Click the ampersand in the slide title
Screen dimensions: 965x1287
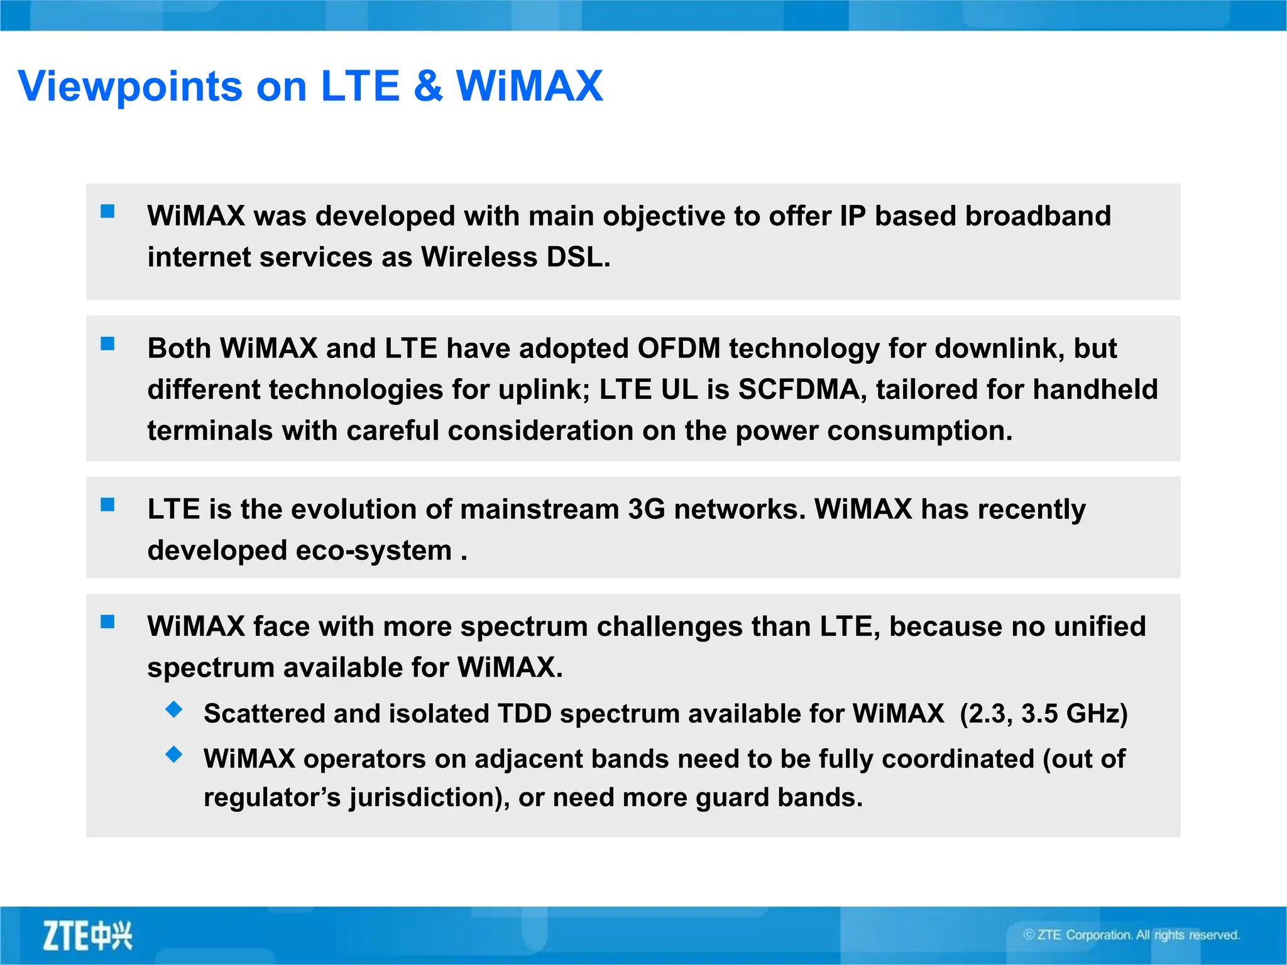pos(428,86)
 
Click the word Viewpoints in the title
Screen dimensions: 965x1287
pos(130,86)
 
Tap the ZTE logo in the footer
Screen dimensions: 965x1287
pos(87,935)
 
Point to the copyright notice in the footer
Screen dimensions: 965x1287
pos(1131,935)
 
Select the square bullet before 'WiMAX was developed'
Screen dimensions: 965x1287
pos(108,212)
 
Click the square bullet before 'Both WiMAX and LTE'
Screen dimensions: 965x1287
pos(108,344)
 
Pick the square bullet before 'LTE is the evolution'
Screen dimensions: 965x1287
pos(108,504)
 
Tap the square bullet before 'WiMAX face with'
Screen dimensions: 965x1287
pos(108,622)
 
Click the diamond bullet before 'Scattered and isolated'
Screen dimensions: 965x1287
pos(174,710)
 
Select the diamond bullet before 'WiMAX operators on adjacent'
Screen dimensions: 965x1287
pos(174,755)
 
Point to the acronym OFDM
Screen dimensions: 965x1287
pos(679,349)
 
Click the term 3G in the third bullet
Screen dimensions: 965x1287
pos(646,510)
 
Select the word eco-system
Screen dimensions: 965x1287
pos(374,551)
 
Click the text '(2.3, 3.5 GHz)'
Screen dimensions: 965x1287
pos(1043,714)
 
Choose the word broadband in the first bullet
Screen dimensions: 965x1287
pos(1038,216)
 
